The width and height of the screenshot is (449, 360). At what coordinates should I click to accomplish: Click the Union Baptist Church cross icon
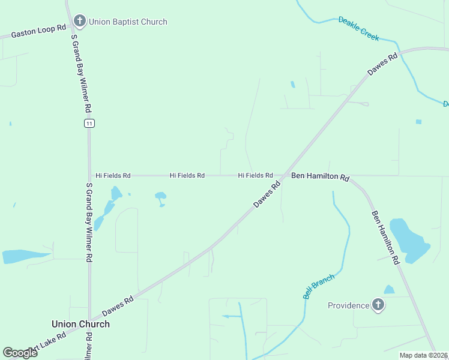click(79, 22)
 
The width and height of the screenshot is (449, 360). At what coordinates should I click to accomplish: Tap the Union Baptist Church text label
click(128, 22)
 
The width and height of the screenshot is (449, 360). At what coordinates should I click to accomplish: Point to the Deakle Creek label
click(358, 28)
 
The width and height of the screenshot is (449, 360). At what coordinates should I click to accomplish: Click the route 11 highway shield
click(89, 123)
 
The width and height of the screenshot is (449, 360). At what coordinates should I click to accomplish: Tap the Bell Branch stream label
click(318, 286)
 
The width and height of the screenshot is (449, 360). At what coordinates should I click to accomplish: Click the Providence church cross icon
click(378, 305)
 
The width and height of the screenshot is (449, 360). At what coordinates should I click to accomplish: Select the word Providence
click(349, 305)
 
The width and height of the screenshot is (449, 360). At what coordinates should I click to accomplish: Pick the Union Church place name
click(80, 324)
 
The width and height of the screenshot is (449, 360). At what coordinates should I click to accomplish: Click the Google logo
click(20, 353)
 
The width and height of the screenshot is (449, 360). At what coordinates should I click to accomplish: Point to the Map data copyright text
click(423, 355)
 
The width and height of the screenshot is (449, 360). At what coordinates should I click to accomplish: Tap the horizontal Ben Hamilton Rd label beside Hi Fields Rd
click(320, 177)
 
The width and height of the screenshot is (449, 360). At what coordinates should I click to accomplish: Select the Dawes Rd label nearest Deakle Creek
click(383, 65)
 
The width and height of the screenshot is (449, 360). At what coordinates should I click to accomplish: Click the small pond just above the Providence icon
click(390, 290)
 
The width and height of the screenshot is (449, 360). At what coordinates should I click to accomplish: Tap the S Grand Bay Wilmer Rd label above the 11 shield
click(81, 74)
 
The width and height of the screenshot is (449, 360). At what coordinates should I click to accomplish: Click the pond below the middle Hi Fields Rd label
click(160, 196)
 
